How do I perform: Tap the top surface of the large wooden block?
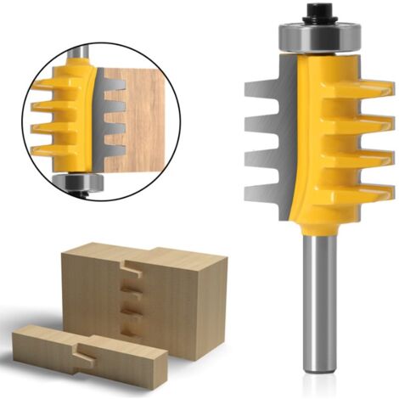coord(144,254)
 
